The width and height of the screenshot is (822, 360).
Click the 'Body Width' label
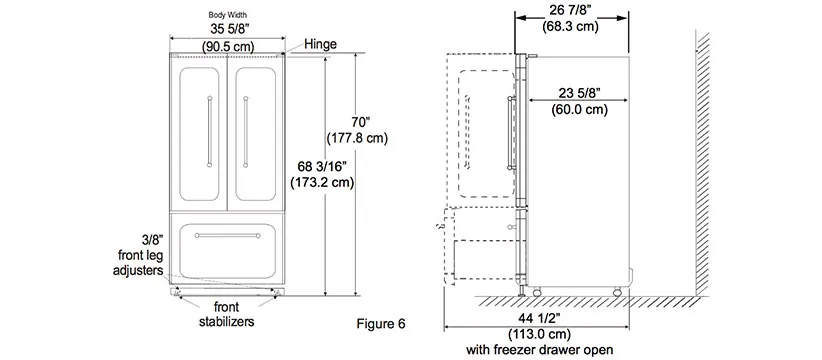click(x=227, y=15)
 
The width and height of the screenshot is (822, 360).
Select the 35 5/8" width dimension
click(x=228, y=29)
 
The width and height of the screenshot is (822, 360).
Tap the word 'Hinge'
click(x=320, y=45)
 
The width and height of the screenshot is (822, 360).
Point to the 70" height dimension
click(x=360, y=122)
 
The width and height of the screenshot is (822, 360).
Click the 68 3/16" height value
click(x=321, y=167)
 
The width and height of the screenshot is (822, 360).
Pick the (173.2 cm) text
click(x=321, y=182)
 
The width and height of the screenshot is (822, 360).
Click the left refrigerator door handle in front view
click(x=209, y=131)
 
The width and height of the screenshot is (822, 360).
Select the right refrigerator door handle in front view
click(x=245, y=131)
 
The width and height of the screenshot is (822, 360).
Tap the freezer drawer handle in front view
click(x=228, y=235)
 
